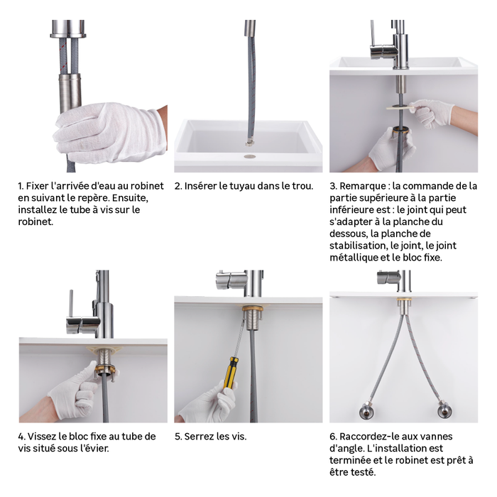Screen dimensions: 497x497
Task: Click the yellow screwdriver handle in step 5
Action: point(230,373)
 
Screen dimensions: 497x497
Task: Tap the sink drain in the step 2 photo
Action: point(249,156)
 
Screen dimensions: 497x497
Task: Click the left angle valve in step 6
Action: point(366,411)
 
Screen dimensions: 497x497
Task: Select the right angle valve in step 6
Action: point(444,411)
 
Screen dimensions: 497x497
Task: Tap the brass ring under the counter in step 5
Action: point(252,308)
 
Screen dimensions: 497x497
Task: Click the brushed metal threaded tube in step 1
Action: point(70,94)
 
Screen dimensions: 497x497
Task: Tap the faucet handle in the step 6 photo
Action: point(388,277)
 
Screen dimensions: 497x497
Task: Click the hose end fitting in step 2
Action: point(249,143)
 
